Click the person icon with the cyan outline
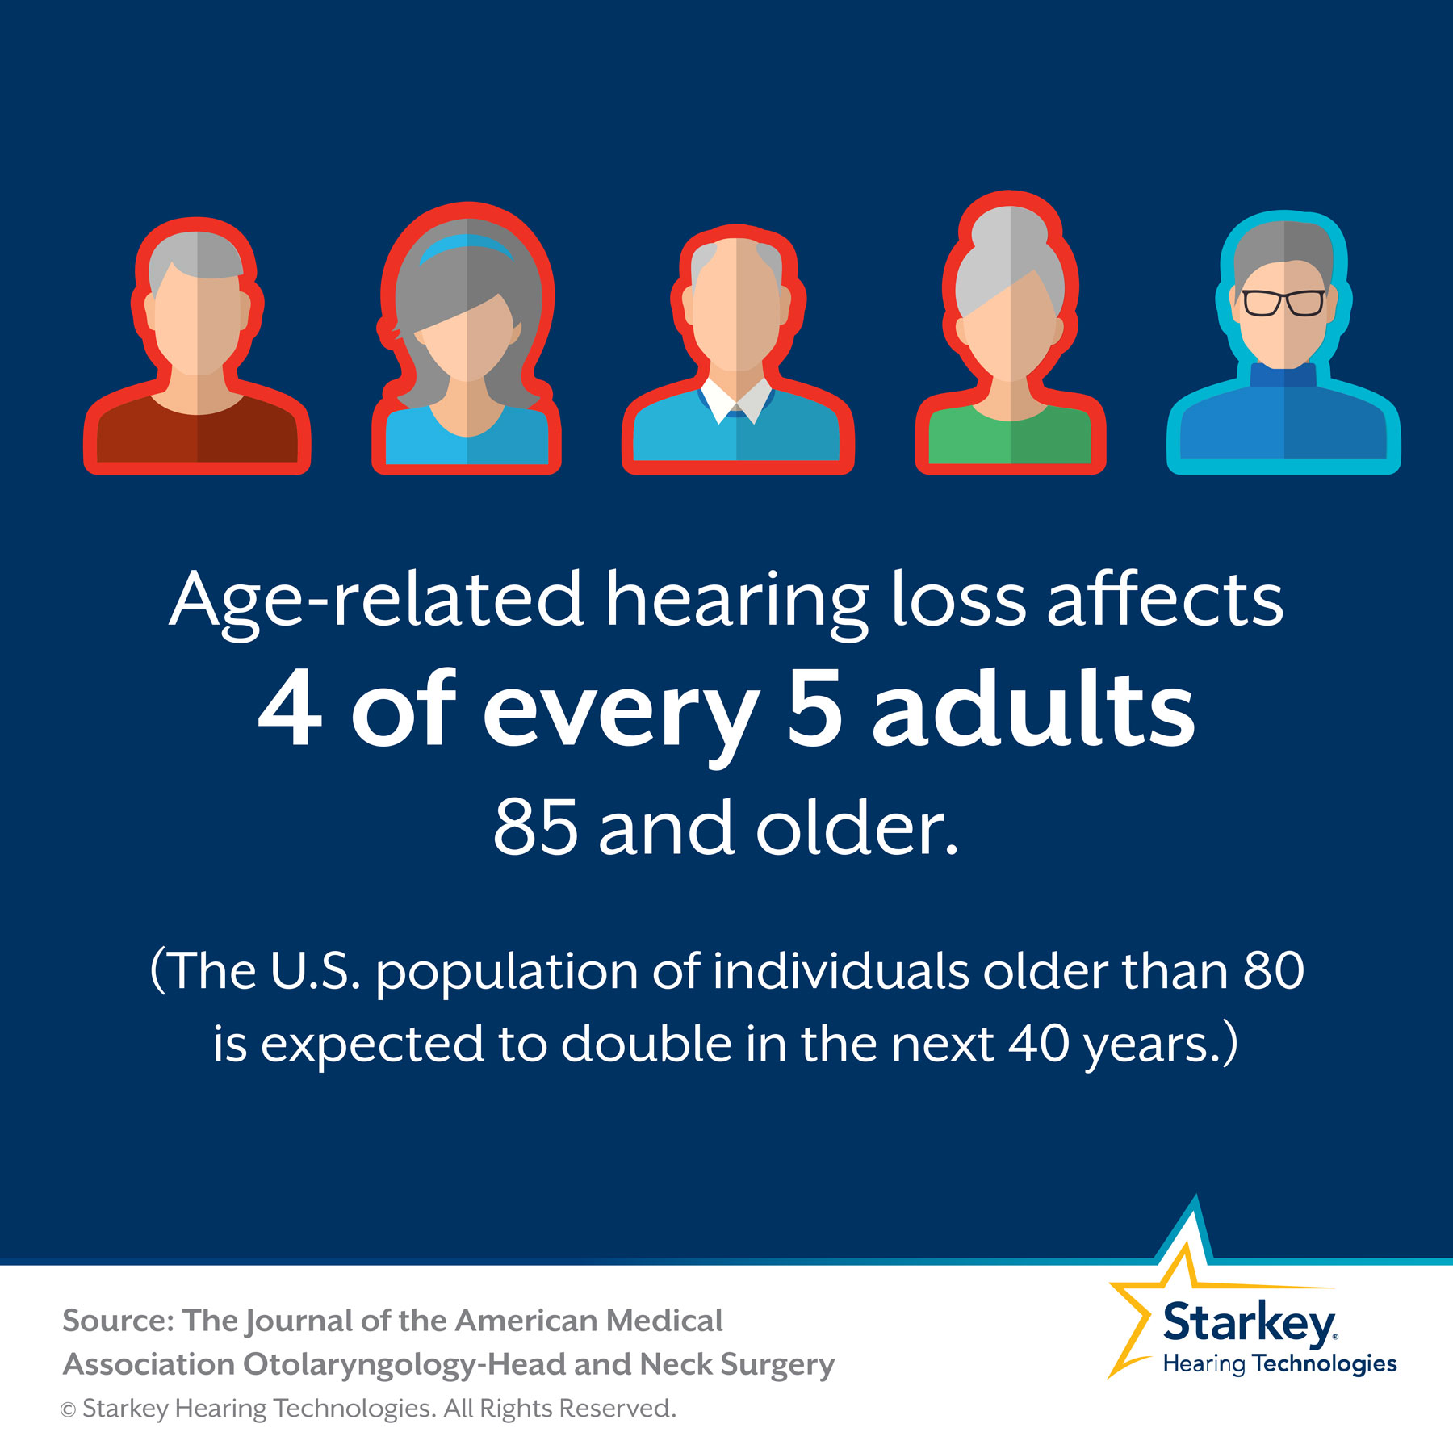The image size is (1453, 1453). click(1283, 347)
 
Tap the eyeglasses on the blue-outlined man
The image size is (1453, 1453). click(1283, 303)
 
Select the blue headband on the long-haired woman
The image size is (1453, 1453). click(467, 246)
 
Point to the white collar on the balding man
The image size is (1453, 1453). click(736, 397)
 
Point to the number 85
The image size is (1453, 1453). click(535, 827)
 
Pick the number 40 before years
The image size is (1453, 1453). click(1039, 1044)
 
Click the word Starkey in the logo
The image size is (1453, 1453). click(1249, 1324)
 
